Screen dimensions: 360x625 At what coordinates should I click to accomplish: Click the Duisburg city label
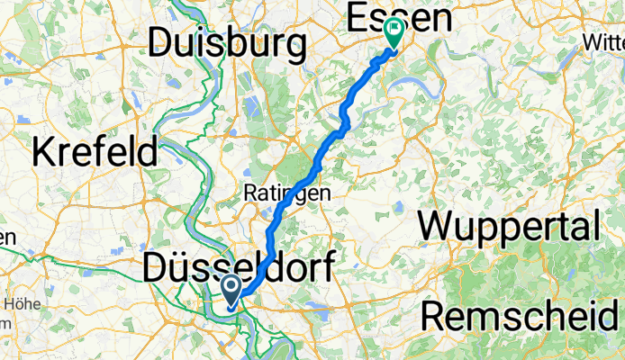click(228, 43)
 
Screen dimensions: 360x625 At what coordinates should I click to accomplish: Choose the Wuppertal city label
click(509, 225)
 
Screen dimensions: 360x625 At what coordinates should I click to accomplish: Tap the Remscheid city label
click(520, 316)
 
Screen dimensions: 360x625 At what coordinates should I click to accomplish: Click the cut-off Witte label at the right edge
click(604, 42)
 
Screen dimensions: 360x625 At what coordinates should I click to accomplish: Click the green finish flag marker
click(394, 32)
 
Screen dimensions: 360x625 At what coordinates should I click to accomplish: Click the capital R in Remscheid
click(437, 316)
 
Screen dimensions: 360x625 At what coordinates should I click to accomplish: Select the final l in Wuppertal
click(595, 225)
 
